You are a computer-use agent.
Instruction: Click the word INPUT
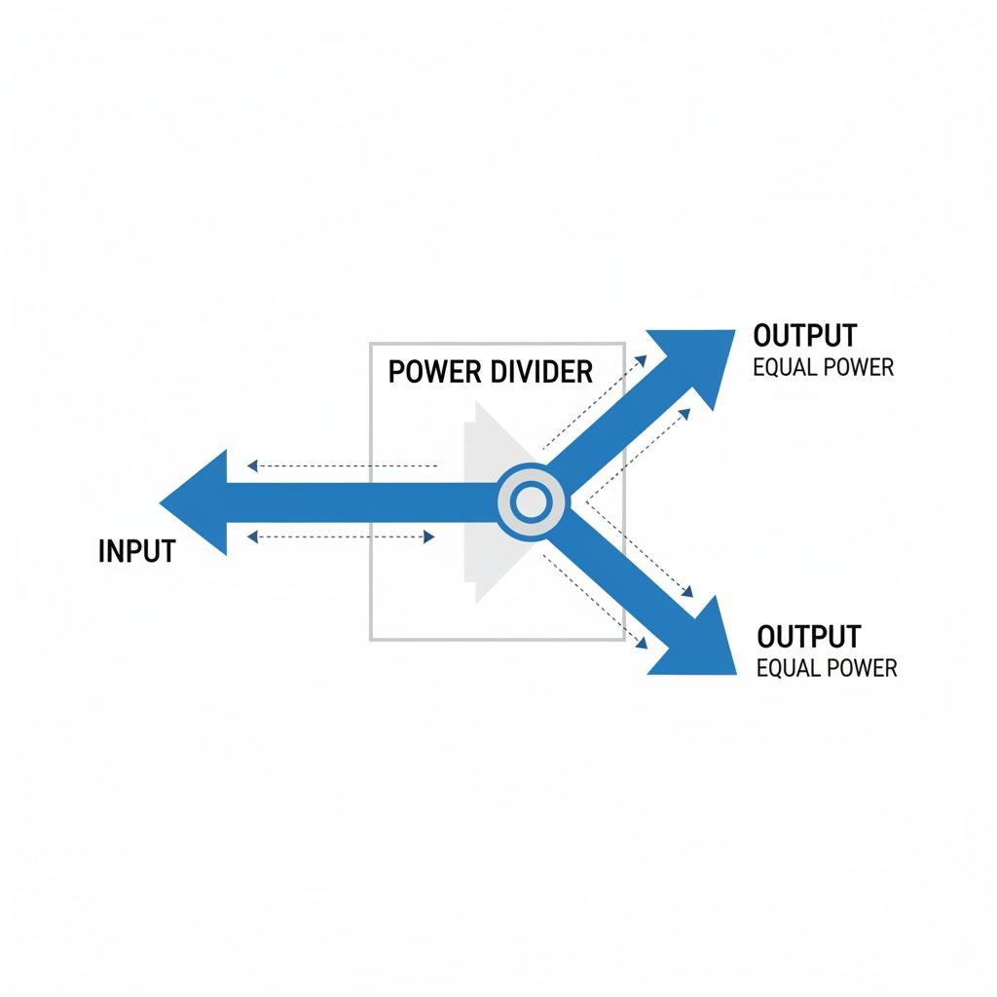click(136, 551)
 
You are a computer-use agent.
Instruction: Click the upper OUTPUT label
click(805, 336)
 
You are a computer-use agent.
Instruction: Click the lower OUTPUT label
click(809, 637)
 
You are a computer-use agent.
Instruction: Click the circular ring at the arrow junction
click(531, 502)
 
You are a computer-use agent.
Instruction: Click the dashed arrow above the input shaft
click(341, 465)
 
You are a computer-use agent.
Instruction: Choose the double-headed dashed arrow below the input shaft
click(341, 535)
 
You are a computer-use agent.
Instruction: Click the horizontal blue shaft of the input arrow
click(360, 502)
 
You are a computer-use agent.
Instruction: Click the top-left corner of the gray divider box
click(371, 344)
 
